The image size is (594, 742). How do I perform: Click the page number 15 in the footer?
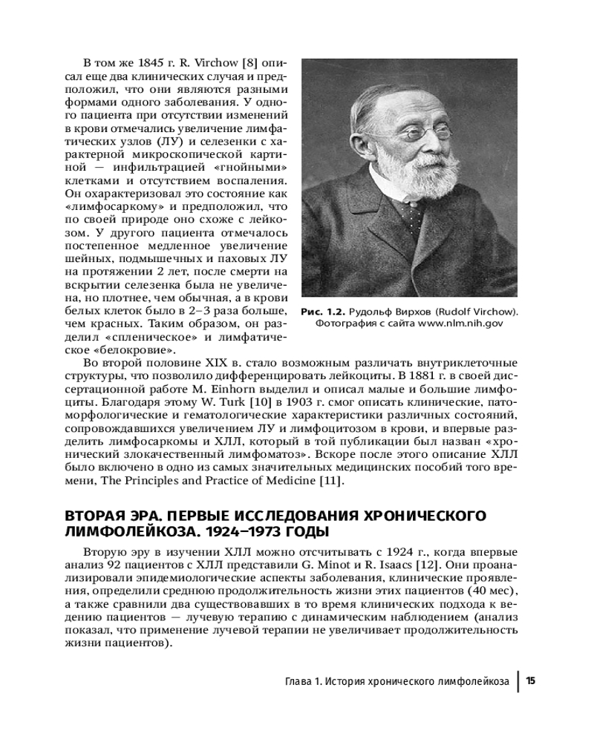(531, 681)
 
